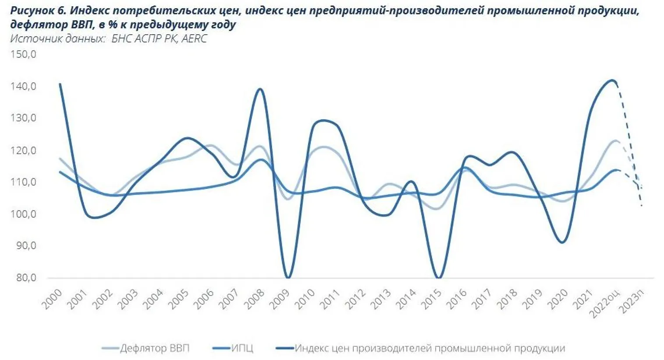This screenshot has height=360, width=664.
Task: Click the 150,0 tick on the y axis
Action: (x=23, y=55)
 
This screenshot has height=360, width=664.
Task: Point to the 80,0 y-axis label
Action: (x=23, y=278)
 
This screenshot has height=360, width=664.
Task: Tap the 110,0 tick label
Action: (x=23, y=182)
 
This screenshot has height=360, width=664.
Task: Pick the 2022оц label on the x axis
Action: (x=606, y=302)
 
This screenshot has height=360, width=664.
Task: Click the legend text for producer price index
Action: (x=430, y=348)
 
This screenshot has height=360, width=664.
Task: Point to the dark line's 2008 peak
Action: (x=260, y=89)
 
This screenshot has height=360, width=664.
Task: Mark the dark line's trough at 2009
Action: (x=288, y=277)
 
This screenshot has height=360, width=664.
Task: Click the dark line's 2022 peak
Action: (x=613, y=80)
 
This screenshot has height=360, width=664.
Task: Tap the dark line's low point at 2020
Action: (x=562, y=242)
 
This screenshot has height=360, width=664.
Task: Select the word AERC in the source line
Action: (x=194, y=39)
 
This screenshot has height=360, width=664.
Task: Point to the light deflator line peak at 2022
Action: (x=615, y=141)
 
